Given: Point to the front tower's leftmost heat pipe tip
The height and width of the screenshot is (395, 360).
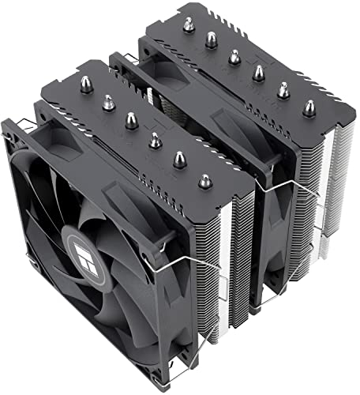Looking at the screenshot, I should (84, 82).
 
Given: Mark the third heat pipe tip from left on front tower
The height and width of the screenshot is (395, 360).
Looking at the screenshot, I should (132, 118).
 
